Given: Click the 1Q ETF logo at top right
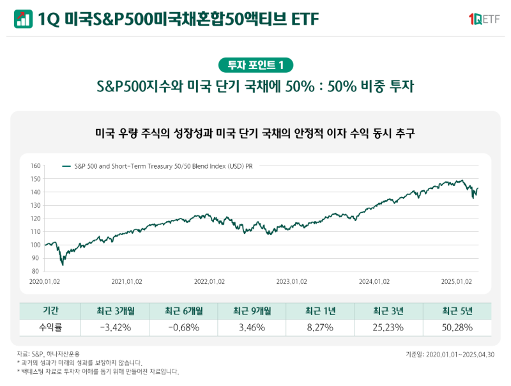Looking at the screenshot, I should coord(484,20).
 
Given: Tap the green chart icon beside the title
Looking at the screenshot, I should coord(23,20).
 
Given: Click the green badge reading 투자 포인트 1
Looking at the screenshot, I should coord(256,65).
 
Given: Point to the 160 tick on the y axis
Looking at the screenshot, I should coord(35,166).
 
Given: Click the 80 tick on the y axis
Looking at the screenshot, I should coord(36,272).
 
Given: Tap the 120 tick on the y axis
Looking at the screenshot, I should coord(35,219).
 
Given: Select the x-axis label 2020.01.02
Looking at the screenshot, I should coord(45,281).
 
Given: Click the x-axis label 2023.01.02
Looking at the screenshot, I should coord(292,281).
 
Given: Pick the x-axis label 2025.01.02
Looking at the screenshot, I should coord(456,281).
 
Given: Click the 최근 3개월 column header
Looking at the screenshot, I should coord(116,311).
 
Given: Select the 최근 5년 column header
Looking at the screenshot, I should coord(457,311).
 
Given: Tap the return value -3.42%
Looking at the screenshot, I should coord(116,328).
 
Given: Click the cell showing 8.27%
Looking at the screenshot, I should coord(320,328).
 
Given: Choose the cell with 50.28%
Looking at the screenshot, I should coord(457,328).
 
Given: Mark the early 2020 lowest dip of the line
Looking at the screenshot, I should coord(62,264).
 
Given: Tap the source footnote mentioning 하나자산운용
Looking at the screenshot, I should coord(49,353).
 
